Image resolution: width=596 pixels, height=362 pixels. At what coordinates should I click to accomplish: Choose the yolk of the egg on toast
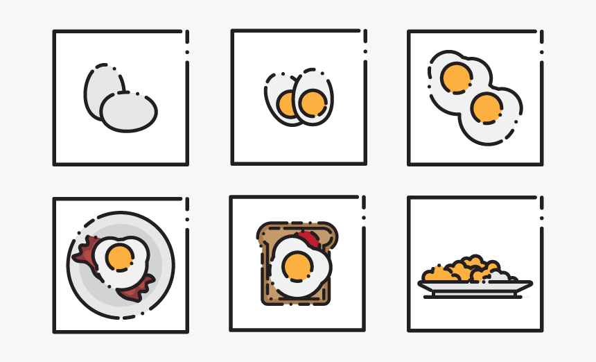[299, 266]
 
